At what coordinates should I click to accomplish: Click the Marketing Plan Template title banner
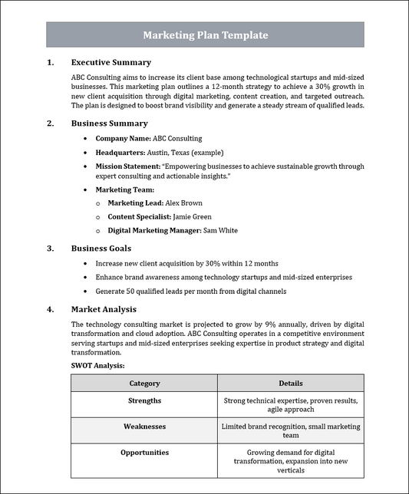[205, 35]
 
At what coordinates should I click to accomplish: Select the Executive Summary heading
[110, 62]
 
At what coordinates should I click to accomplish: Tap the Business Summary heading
[109, 123]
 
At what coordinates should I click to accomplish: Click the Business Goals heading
[101, 248]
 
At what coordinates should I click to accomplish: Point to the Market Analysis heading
[104, 309]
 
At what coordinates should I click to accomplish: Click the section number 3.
[50, 248]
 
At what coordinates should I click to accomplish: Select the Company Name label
[123, 139]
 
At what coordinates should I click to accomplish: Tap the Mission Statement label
[127, 166]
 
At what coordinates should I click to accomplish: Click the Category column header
[144, 383]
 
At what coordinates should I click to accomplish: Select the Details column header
[290, 383]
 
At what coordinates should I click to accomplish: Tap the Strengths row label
[144, 400]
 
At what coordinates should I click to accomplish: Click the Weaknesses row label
[144, 426]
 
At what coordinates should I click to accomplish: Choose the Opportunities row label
[144, 452]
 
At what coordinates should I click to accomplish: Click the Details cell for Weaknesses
[290, 430]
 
